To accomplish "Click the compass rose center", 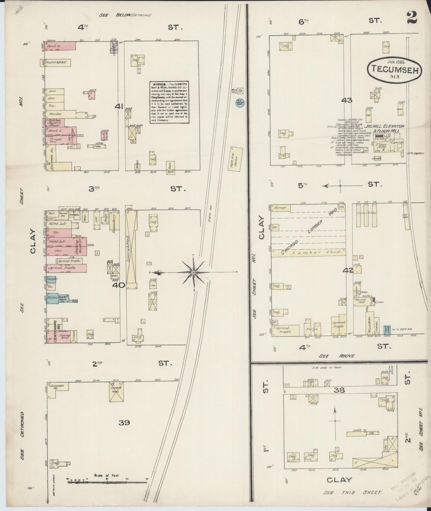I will tap(194, 272).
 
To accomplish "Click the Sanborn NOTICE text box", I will tap(169, 102).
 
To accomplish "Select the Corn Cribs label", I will tap(367, 213).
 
